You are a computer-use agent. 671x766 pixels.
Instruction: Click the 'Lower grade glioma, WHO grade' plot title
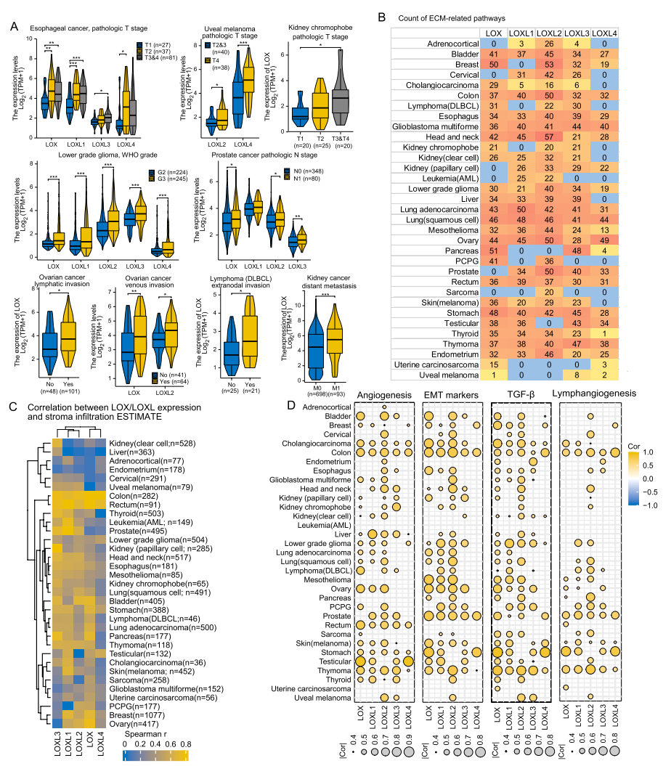coord(99,155)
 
